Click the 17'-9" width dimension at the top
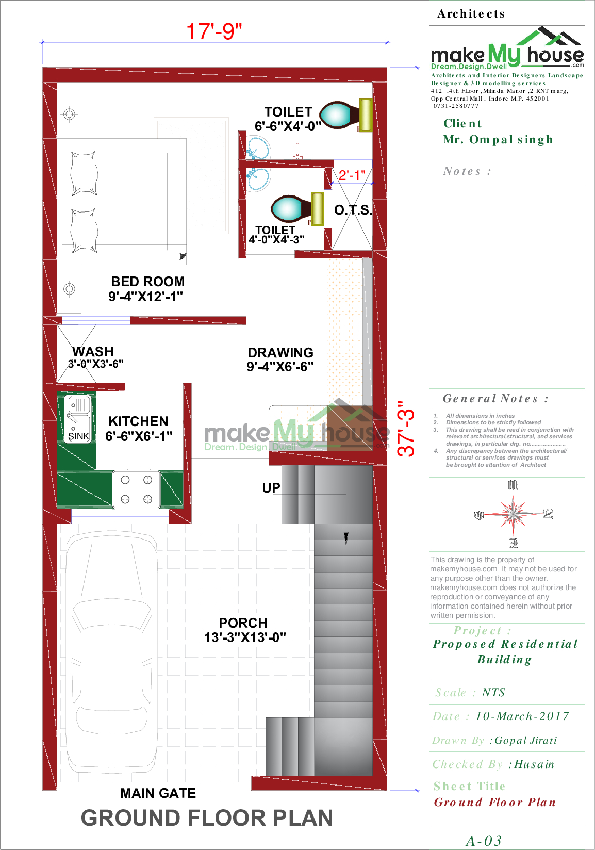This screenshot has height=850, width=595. click(x=214, y=31)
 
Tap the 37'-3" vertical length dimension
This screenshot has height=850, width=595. click(x=406, y=429)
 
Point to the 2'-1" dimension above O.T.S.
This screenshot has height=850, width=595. click(x=352, y=175)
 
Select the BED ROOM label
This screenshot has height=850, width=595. click(x=147, y=282)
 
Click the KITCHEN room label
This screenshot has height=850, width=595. click(x=138, y=421)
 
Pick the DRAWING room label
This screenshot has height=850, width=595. click(x=280, y=353)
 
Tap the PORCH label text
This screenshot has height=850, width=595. click(x=243, y=623)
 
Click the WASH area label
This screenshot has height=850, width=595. click(x=93, y=352)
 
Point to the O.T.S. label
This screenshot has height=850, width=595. click(x=353, y=210)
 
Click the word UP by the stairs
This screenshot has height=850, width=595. click(x=271, y=488)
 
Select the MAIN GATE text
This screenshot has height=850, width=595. click(x=158, y=793)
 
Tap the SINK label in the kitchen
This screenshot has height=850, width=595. click(x=78, y=436)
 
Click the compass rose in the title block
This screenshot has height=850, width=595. click(x=513, y=514)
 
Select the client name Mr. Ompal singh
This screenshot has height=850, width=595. click(x=498, y=140)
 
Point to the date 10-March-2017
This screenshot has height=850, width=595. click(x=522, y=716)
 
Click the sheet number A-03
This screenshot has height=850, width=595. click(x=484, y=841)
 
